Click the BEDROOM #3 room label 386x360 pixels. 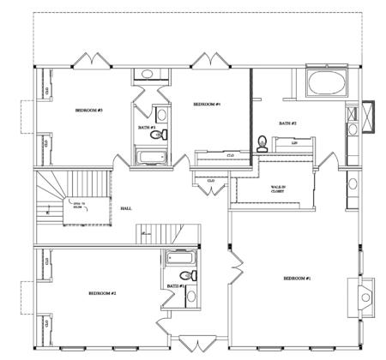point(89,111)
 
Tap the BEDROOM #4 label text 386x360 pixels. point(208,104)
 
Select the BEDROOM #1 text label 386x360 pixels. point(297,279)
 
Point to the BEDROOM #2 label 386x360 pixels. point(101,293)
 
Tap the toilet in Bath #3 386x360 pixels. point(156,135)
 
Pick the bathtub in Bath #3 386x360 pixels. point(152,157)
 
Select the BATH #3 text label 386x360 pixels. point(146,128)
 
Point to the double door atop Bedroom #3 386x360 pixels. point(92,62)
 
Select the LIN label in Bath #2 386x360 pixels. point(294,143)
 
